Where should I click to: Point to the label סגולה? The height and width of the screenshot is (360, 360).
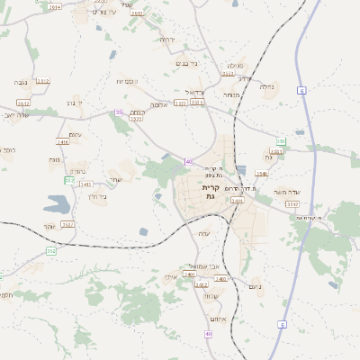234,66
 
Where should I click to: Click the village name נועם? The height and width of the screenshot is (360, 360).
254,286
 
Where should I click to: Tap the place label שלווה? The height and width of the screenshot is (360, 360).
211,297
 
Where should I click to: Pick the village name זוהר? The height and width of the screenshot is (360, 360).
50,226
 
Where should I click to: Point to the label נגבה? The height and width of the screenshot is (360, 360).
19,82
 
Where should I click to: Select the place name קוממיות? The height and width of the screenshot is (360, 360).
126,82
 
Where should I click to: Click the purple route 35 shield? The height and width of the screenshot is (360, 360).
119,112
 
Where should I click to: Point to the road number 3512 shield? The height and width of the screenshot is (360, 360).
43,81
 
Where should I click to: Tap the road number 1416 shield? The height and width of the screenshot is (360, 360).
63,141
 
